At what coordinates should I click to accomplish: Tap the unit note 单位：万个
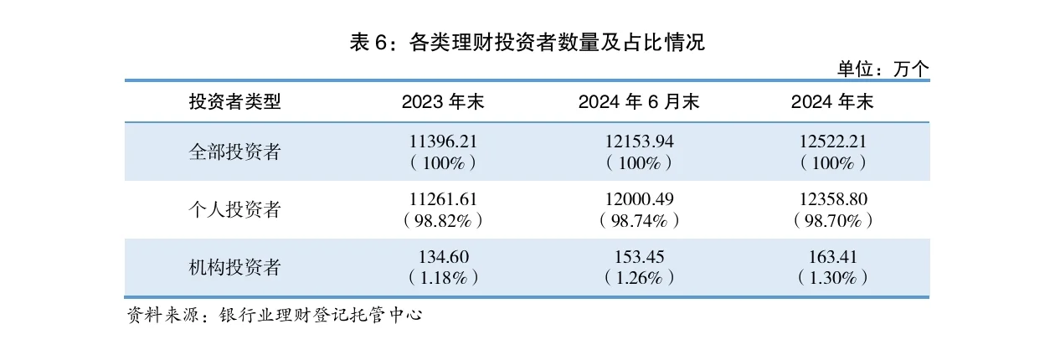[x=883, y=69]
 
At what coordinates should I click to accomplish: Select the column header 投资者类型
[x=235, y=102]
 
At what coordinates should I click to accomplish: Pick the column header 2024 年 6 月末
[x=639, y=102]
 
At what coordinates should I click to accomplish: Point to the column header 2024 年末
[x=832, y=102]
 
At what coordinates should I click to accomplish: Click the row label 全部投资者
[x=235, y=152]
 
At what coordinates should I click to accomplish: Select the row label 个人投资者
[x=235, y=209]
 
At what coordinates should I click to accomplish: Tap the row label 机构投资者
[x=235, y=268]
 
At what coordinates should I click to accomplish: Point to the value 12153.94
[x=639, y=141]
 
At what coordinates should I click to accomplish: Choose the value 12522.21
[x=832, y=141]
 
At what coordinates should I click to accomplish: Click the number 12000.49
[x=639, y=199]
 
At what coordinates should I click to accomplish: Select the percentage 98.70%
[x=832, y=221]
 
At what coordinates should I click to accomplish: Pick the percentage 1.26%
[x=639, y=278]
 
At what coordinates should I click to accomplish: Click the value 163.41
[x=832, y=257]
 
